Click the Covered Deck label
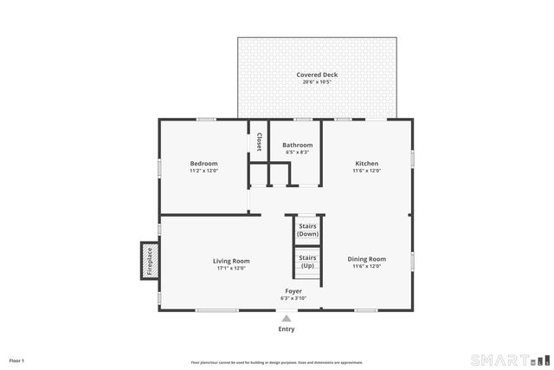pos(317,75)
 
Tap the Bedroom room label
pos(203,163)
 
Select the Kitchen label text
pos(366,163)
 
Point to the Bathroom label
pos(297,145)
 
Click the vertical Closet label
pos(258,142)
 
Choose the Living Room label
pos(231,261)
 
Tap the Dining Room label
pos(366,258)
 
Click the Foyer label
pos(293,290)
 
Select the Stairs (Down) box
pos(307,230)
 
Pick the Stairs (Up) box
pos(307,261)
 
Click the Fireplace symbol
pos(148,261)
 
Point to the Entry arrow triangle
pos(286,319)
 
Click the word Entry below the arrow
pos(286,329)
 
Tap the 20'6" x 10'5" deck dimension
pos(317,82)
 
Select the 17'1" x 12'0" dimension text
pos(231,268)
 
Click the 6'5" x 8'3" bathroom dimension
pos(297,153)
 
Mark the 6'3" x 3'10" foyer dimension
pos(293,298)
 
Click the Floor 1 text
pos(16,360)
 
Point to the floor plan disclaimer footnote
pos(277,362)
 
